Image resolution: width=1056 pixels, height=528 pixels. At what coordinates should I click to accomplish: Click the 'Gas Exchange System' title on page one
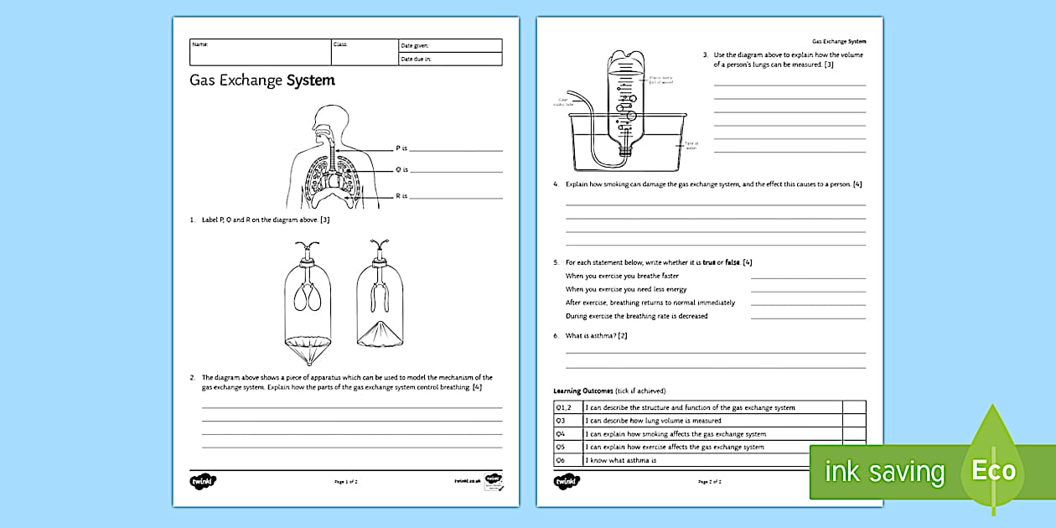point(262,81)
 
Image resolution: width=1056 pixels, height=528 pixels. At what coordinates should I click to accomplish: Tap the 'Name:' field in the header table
point(260,52)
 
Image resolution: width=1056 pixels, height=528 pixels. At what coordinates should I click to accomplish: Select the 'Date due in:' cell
point(449,60)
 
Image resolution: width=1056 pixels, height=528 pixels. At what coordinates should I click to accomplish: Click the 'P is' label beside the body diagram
point(401,148)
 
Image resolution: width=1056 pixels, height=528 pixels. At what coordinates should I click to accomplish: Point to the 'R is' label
point(401,196)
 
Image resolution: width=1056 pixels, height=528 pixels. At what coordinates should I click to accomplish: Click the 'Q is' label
point(401,170)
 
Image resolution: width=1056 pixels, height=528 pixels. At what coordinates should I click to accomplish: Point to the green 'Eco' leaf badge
point(994,468)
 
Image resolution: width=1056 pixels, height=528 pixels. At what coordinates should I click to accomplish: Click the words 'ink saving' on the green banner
point(883,472)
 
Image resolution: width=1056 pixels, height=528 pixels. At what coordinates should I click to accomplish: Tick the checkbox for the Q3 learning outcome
point(854,421)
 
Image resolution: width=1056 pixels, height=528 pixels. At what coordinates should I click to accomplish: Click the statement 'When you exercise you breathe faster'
point(622,276)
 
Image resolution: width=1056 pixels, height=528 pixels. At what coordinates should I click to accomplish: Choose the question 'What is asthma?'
point(596,336)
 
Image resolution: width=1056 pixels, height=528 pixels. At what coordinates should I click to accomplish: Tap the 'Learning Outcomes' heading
point(583,391)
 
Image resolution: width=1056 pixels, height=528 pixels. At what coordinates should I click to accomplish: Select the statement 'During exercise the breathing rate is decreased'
point(636,316)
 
